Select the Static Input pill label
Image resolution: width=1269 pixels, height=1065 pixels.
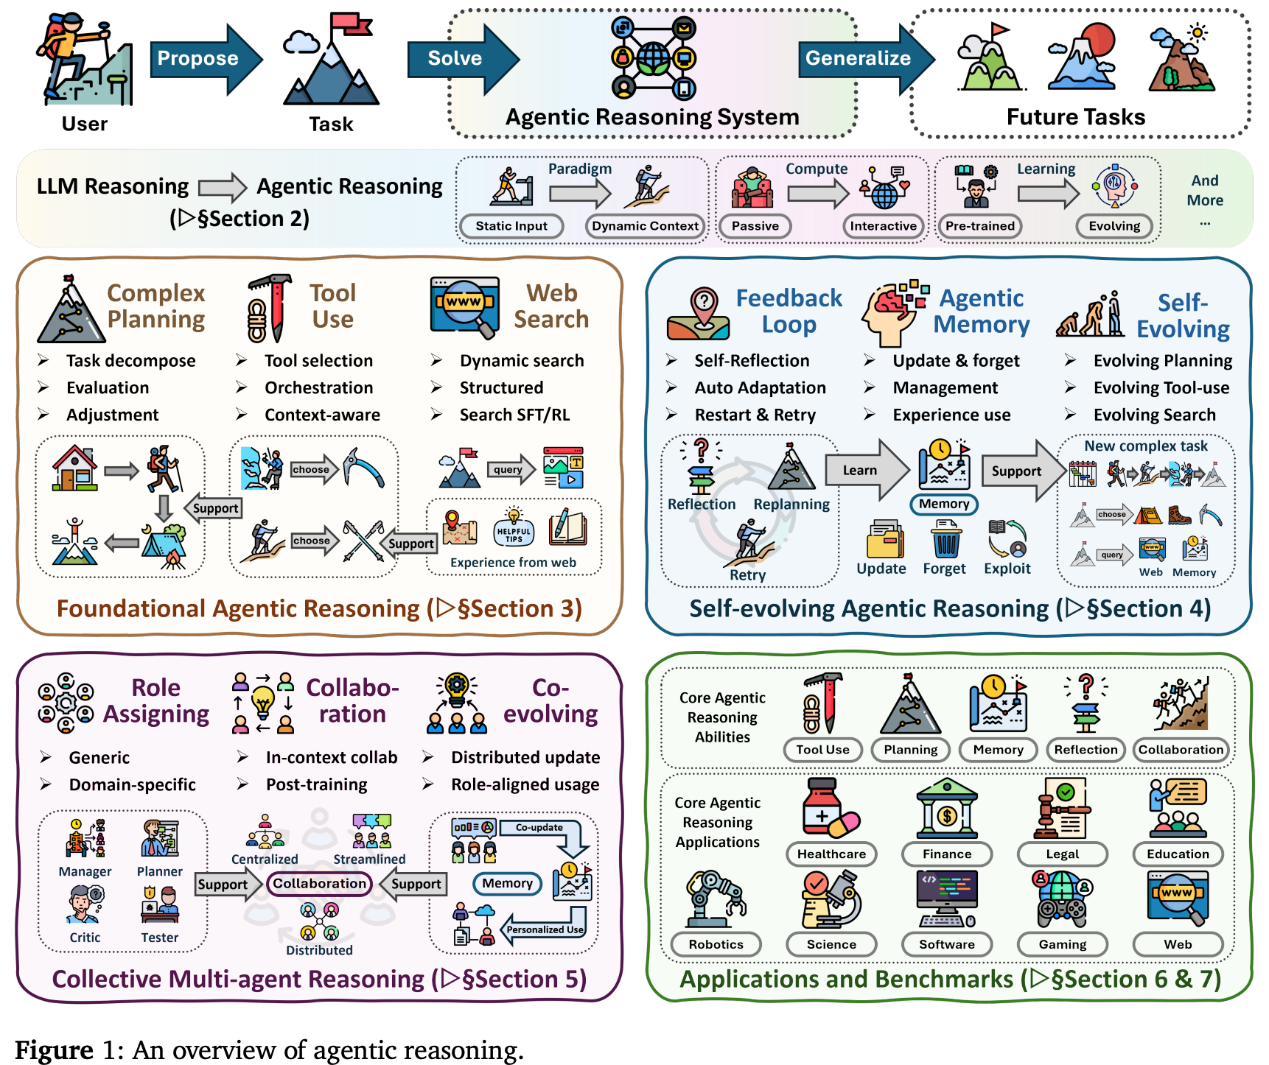point(511,226)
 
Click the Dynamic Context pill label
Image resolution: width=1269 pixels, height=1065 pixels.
point(645,226)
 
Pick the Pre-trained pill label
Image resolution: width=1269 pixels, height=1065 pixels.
point(979,226)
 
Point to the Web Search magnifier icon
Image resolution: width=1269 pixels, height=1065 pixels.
point(465,306)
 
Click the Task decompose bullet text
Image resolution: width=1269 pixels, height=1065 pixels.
point(130,361)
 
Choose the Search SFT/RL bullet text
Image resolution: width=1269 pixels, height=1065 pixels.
point(514,415)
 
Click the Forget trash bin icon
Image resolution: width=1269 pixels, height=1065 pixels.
point(945,540)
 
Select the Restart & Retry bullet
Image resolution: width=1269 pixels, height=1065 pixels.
point(755,415)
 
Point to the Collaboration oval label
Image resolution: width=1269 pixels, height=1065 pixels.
point(319,883)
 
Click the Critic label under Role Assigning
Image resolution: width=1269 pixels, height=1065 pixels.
point(85,938)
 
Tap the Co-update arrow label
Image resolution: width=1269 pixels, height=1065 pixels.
point(539,828)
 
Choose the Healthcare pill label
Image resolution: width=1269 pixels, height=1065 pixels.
point(831,854)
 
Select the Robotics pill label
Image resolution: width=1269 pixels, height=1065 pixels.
point(716,944)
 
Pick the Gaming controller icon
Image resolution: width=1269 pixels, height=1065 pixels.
point(1062,900)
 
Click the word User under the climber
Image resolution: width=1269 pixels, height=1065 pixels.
point(85,124)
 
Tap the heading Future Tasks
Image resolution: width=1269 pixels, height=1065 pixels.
point(1076,117)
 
